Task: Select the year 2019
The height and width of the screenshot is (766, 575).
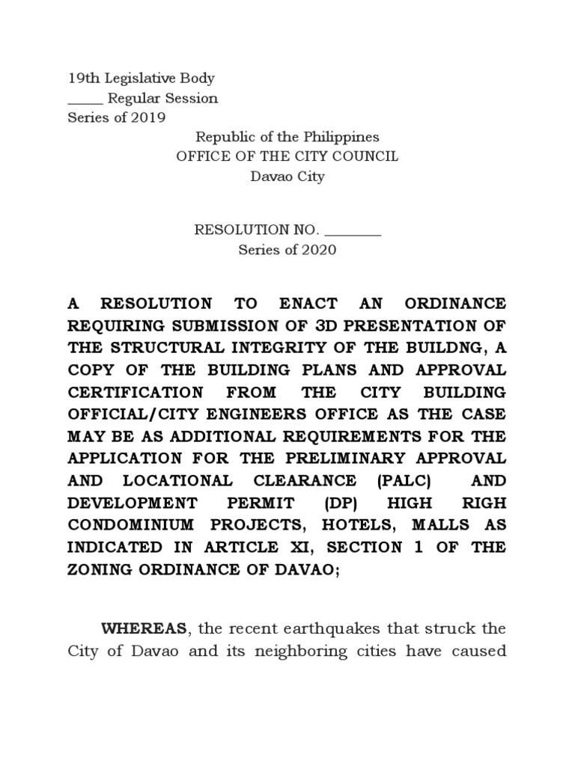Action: tap(147, 118)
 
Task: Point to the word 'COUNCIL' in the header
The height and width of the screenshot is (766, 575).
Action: tap(367, 156)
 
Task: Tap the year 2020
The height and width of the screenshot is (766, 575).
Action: tap(319, 251)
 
